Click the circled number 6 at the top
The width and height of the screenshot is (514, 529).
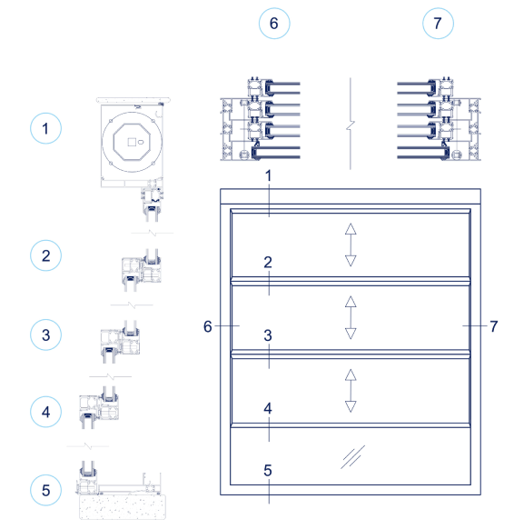pos(273,24)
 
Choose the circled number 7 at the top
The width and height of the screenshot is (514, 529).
pos(439,24)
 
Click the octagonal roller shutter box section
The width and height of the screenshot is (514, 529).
pos(132,142)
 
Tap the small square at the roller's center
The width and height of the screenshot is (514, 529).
pos(132,143)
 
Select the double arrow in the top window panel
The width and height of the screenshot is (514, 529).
pos(351,245)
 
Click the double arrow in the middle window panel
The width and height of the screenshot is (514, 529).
pos(351,317)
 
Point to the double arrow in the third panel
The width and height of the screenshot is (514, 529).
pos(351,390)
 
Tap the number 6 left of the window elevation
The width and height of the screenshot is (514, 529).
pos(208,325)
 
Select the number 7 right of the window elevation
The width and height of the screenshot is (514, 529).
pos(493,325)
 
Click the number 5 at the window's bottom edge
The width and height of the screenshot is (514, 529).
pos(268,471)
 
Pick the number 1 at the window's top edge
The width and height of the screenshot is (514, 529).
pos(268,175)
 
